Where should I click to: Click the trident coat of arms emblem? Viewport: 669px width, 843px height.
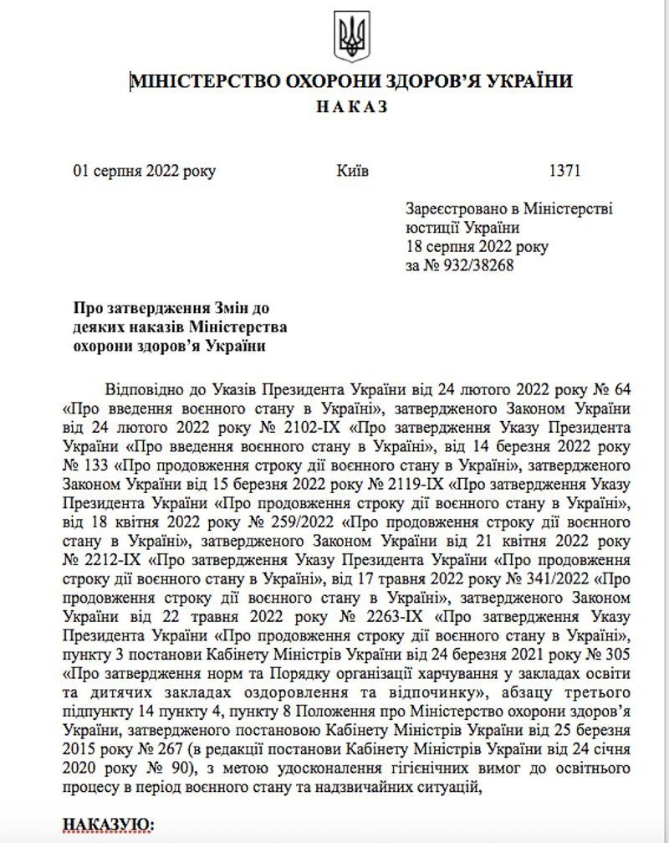point(351,36)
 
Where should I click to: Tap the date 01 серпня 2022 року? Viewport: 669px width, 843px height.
point(144,171)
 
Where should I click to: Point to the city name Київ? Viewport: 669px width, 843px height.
point(351,171)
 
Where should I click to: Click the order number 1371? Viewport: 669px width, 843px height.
point(564,171)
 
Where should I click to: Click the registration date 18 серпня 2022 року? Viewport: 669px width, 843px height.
point(477,247)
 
